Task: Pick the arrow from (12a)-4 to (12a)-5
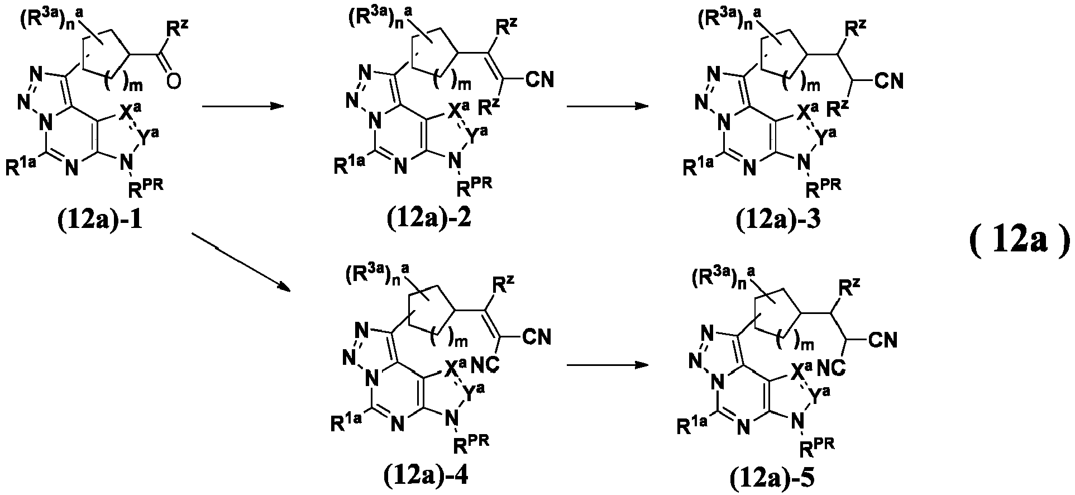(x=608, y=365)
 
